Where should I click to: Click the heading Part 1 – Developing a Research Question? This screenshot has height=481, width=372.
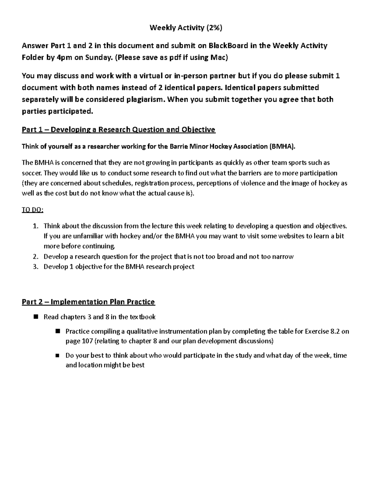click(x=118, y=129)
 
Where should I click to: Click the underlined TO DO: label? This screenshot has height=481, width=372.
click(x=33, y=210)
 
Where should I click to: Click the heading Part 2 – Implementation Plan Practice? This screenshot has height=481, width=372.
click(x=88, y=302)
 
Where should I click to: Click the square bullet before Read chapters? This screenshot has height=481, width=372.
click(x=36, y=317)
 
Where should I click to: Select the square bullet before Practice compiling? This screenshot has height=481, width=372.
click(x=57, y=331)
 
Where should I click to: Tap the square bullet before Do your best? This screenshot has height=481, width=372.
click(x=57, y=355)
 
